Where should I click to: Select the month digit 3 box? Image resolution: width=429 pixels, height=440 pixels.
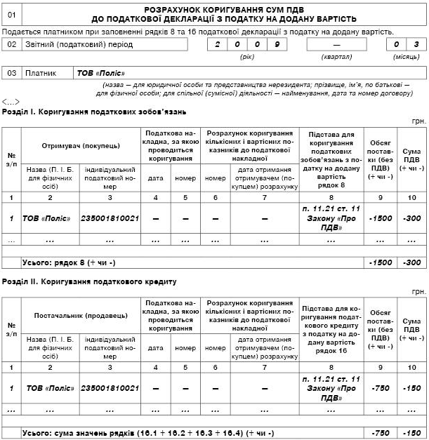coord(416,44)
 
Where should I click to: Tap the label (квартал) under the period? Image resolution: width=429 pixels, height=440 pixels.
coord(336,56)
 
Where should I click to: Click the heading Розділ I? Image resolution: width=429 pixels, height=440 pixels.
coord(95,112)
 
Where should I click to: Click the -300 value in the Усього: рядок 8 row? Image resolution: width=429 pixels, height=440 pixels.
coord(411,262)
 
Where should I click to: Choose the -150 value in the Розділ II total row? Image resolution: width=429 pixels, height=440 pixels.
coord(411,432)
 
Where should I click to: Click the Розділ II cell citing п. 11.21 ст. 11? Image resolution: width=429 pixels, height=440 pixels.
coord(330,388)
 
